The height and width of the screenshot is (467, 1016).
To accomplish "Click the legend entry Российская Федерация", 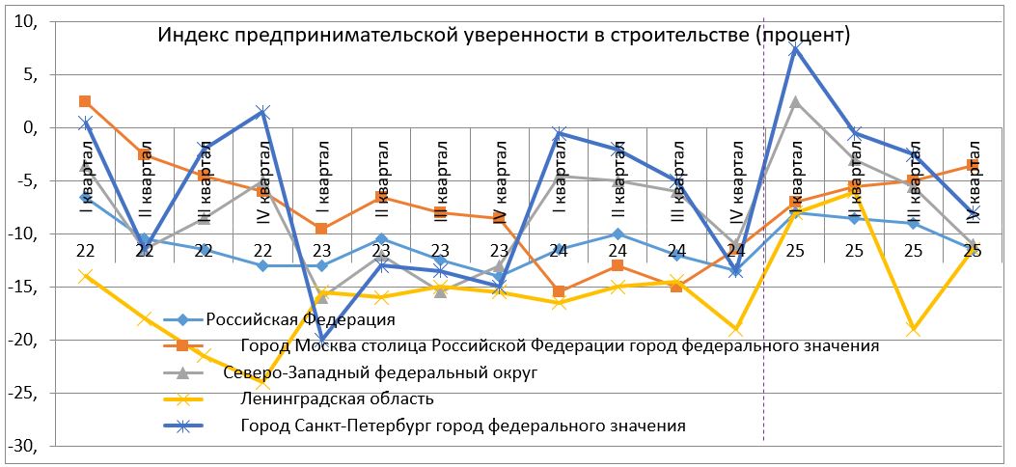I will [x=301, y=317].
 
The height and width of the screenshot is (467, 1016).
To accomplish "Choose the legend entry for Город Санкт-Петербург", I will [x=464, y=426].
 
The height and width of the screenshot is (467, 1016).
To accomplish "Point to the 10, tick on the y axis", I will [x=22, y=21].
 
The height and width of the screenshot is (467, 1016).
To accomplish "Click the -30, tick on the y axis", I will [x=20, y=446].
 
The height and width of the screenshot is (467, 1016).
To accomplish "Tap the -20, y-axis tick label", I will [x=20, y=340].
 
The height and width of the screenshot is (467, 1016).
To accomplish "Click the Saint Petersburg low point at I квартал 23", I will [x=322, y=340].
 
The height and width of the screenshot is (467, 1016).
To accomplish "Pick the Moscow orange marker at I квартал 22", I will [x=85, y=101].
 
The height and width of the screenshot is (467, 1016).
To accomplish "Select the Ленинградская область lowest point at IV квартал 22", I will [x=262, y=383].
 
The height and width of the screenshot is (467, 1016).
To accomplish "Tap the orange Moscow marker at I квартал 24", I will [x=559, y=291].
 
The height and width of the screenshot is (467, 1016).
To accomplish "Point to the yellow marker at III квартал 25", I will [x=913, y=330].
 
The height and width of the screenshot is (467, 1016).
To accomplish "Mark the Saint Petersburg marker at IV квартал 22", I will [x=262, y=112].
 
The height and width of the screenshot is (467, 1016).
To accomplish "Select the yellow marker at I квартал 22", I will [x=85, y=276].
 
